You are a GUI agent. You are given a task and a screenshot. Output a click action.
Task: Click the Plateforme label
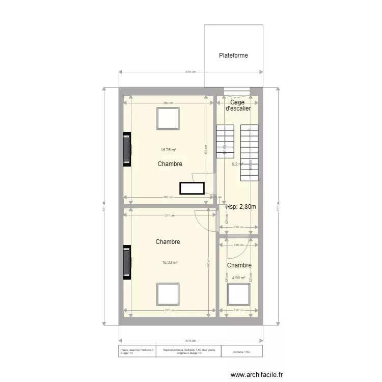[x=233, y=56]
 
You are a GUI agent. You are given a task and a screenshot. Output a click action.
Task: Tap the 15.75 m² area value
[x=169, y=150]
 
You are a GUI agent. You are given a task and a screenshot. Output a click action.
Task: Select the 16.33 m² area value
[x=170, y=263]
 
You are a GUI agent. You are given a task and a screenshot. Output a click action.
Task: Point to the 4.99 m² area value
[x=239, y=278]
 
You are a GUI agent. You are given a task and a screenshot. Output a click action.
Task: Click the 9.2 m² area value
[x=237, y=164]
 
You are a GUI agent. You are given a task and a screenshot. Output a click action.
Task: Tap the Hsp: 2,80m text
[x=241, y=207]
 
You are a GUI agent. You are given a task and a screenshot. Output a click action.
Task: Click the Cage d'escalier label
[x=237, y=105]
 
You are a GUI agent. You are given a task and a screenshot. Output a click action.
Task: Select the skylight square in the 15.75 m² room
[x=168, y=119]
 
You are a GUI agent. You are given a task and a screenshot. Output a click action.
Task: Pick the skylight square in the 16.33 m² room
[x=168, y=294]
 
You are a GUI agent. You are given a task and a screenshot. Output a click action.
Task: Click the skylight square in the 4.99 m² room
[x=238, y=294]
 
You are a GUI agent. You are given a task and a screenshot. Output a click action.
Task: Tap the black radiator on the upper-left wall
[x=127, y=149]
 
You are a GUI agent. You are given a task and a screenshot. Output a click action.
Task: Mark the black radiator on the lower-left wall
[x=127, y=262]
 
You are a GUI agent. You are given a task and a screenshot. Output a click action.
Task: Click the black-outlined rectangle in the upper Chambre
[x=192, y=188]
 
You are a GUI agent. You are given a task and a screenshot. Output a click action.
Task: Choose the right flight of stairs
[x=250, y=152]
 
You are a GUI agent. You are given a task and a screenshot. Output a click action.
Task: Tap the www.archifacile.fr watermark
[x=256, y=373]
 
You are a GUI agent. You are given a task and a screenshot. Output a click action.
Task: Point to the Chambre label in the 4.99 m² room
[x=239, y=265]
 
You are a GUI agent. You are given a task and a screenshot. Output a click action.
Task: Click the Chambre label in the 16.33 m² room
[x=168, y=242]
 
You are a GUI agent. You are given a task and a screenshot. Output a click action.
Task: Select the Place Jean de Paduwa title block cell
[x=137, y=351]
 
